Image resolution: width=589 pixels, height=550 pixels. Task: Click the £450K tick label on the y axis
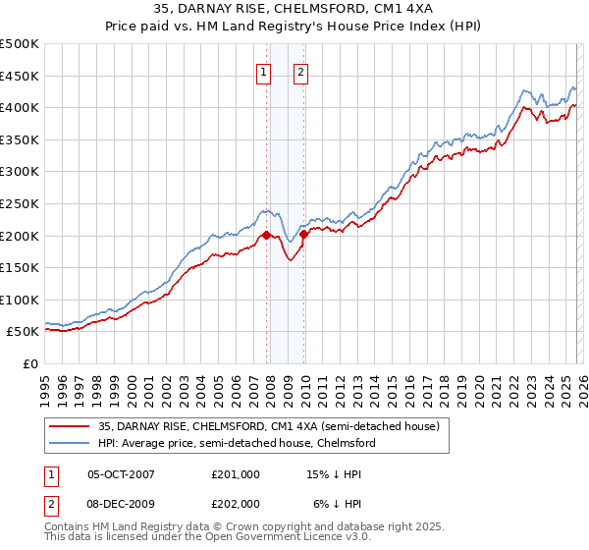(x=20, y=76)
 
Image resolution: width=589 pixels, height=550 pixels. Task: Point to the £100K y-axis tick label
(x=20, y=300)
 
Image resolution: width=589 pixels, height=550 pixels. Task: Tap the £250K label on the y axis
(x=20, y=203)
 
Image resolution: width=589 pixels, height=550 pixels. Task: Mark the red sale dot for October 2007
(x=266, y=235)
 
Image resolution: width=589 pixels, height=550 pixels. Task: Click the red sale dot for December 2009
(x=303, y=234)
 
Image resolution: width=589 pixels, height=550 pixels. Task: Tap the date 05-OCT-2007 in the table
(x=121, y=474)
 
